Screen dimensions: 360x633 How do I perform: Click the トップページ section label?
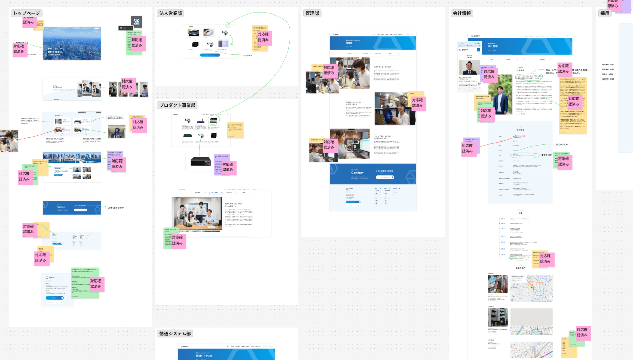point(26,13)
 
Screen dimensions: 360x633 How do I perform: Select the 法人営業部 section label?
point(172,13)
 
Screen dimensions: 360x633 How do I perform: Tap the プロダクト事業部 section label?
point(177,105)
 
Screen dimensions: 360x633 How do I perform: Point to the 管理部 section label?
point(313,13)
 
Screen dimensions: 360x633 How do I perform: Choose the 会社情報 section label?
point(461,13)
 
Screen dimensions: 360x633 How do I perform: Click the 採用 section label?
point(605,13)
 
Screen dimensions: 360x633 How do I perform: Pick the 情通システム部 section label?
point(175,334)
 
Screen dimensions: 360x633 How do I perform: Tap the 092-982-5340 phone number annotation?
point(116,208)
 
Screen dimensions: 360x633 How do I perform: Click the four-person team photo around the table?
point(197,214)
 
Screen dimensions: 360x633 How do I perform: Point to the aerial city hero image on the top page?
point(72,43)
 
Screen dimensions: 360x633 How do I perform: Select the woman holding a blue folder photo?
point(394,108)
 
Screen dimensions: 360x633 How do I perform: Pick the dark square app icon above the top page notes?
point(136,22)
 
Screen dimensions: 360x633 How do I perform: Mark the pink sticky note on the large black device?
point(227,167)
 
